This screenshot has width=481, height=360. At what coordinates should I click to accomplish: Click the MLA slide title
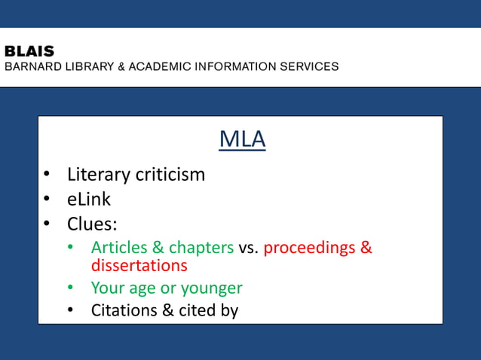242,139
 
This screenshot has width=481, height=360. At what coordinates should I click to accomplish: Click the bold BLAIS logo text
29,51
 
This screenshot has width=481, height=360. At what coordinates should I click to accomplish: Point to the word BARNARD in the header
30,66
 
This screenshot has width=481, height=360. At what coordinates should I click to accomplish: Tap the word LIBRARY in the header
85,66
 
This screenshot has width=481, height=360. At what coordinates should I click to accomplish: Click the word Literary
98,175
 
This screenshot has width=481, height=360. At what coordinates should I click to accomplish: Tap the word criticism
170,175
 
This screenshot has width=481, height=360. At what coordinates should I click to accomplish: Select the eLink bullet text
89,200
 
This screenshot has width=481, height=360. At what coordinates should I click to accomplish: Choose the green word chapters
201,248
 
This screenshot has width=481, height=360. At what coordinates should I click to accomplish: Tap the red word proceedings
310,248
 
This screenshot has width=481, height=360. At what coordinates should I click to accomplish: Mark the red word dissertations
139,266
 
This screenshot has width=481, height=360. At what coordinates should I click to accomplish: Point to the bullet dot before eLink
47,200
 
